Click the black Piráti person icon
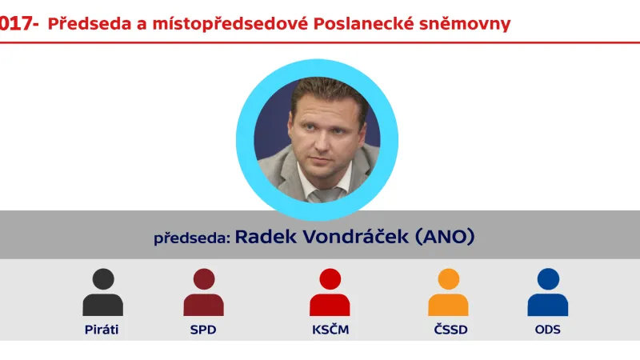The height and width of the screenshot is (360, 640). [102, 294]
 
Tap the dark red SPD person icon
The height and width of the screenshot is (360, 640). [203, 294]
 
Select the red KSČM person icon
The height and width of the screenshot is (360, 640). [330, 294]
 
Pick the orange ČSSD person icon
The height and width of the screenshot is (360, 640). [448, 294]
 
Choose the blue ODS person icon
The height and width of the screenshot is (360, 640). [548, 294]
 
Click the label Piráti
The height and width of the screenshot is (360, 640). [102, 330]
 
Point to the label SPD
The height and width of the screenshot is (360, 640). [203, 330]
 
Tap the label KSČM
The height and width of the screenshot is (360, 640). [330, 330]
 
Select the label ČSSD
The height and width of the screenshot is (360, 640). [448, 330]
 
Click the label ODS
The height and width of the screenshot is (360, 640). [548, 330]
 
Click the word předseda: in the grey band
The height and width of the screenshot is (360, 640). [192, 238]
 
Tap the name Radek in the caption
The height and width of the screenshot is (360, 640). [262, 237]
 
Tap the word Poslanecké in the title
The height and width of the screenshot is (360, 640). [364, 23]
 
